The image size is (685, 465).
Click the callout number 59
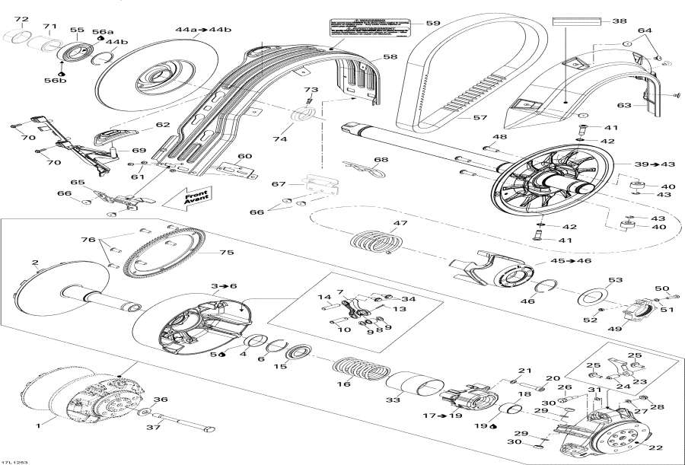432,24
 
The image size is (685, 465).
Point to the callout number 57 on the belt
480,118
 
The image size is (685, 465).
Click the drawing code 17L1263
14,459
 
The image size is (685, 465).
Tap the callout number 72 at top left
21,19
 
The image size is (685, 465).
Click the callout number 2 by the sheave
35,263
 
